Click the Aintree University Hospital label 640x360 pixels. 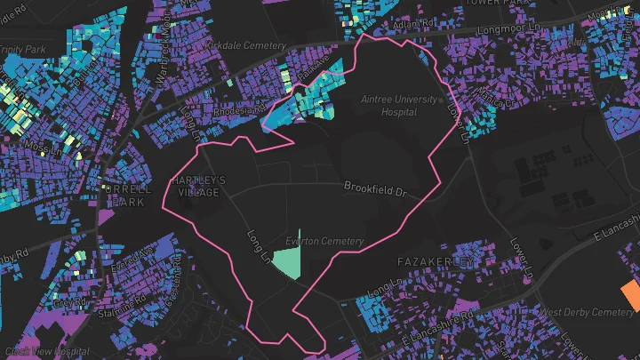coord(398,107)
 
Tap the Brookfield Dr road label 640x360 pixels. coord(374,188)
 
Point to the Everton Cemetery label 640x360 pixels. coord(324,241)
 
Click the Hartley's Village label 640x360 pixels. coord(198,186)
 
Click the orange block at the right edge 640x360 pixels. coord(630,294)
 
